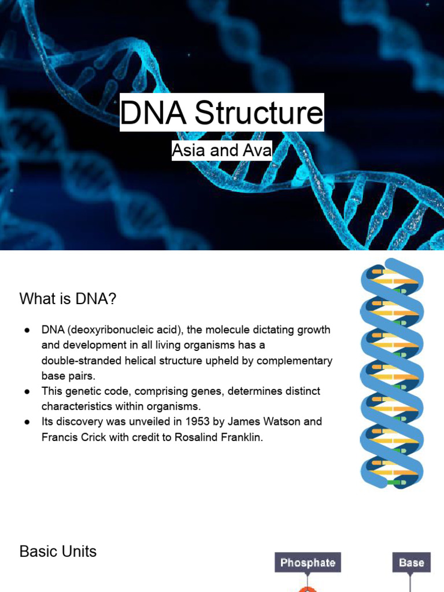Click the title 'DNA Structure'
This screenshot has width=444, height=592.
tap(221, 113)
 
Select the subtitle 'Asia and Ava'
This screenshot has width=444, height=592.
tap(221, 151)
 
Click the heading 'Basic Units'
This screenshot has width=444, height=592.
tap(58, 552)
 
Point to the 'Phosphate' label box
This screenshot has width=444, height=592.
tap(308, 563)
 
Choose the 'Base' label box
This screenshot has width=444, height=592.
tap(411, 563)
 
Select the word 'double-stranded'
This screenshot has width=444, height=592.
tap(78, 361)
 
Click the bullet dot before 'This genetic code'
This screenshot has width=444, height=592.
tap(27, 391)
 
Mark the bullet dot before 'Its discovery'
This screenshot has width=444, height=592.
tap(27, 421)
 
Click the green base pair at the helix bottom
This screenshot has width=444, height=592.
tap(395, 481)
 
